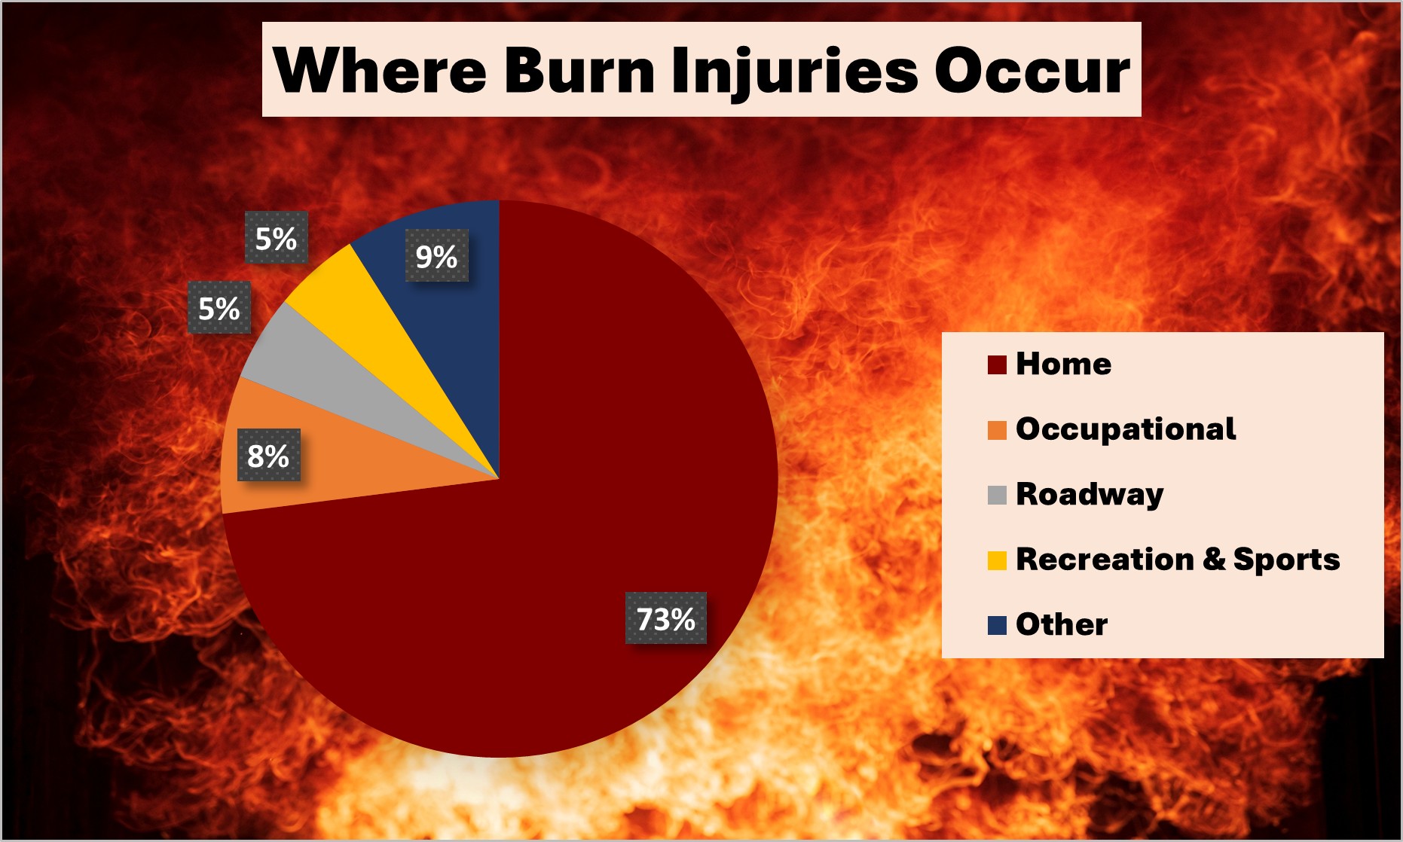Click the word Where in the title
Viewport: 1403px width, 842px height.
(380, 71)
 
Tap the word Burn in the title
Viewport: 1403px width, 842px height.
(579, 71)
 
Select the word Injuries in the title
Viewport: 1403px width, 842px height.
(794, 71)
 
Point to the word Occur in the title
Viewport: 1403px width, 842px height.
(1032, 71)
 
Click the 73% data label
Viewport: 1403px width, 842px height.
(666, 619)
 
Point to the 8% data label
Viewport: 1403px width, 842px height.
(268, 456)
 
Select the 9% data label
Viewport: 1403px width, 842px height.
(436, 257)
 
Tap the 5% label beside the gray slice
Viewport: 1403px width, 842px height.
(219, 308)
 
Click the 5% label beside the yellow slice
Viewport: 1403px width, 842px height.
(276, 239)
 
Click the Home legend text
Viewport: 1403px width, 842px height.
(1063, 364)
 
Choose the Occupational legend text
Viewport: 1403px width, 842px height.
(1126, 429)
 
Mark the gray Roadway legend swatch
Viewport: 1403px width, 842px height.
(997, 495)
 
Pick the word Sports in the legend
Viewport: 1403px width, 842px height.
(1286, 560)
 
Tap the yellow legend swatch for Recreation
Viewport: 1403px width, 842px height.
(997, 560)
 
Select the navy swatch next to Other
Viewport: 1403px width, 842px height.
(997, 625)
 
